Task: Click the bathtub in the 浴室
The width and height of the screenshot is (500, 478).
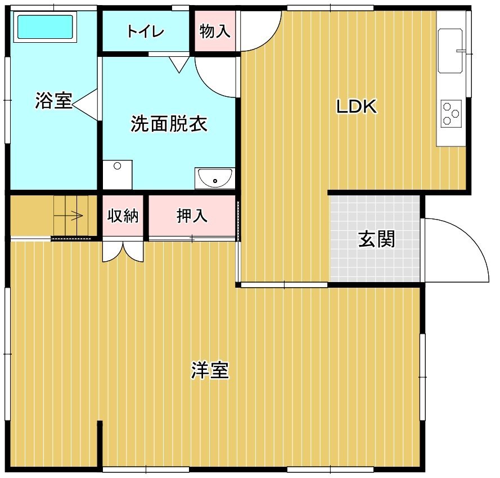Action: tap(45, 27)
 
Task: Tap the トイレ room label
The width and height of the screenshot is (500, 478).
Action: tap(146, 32)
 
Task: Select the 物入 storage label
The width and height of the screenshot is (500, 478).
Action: tap(215, 32)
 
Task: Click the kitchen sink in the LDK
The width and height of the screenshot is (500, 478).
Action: tap(451, 51)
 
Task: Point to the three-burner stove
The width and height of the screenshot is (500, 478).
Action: tap(451, 113)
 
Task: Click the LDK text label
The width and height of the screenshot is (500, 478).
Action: tap(357, 106)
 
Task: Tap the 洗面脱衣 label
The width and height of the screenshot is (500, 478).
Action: tap(169, 123)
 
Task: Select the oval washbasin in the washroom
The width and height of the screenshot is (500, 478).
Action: tap(215, 177)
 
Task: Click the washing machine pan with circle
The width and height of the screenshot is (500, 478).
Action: tap(118, 175)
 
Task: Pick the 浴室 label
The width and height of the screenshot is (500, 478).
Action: tap(53, 101)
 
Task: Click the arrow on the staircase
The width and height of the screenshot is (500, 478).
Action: tap(68, 216)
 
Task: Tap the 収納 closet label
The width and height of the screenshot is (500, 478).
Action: tap(123, 216)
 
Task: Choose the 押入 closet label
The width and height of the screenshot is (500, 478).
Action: tap(192, 216)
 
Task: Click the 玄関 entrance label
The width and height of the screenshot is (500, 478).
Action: tap(377, 239)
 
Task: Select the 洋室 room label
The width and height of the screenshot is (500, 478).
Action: tap(210, 370)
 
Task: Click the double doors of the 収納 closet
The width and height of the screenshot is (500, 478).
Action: tap(123, 252)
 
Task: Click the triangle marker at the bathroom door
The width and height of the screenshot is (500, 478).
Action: tap(85, 104)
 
